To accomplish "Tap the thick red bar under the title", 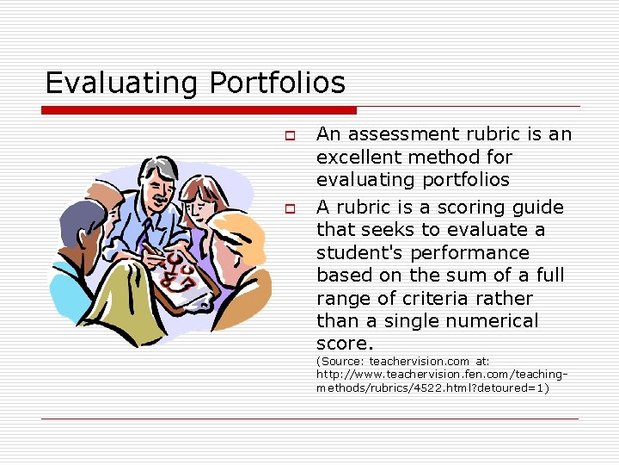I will [x=199, y=110].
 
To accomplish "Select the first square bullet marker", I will [x=291, y=136].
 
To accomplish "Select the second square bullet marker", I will [x=291, y=209].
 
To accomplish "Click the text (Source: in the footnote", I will [x=340, y=362].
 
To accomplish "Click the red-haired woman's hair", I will [x=203, y=188].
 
